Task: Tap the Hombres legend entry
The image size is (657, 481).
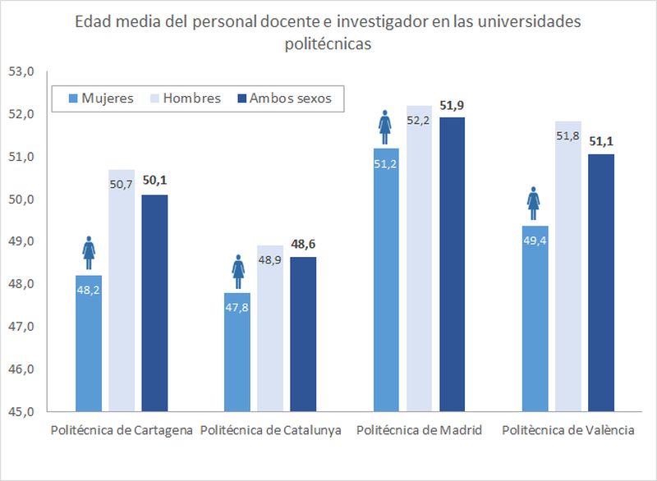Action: click(x=182, y=98)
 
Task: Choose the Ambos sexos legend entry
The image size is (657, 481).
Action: click(x=284, y=98)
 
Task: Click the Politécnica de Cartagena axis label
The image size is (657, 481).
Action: click(x=122, y=431)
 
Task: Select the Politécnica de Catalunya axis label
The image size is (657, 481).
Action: click(x=271, y=431)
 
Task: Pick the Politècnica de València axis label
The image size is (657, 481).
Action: click(x=567, y=431)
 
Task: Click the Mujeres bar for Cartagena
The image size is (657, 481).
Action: click(x=89, y=345)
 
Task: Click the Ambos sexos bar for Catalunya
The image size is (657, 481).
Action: click(x=303, y=337)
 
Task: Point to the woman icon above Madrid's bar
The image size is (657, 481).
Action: click(x=385, y=125)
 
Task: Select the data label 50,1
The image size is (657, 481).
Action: click(x=154, y=181)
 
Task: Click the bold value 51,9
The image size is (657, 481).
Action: click(x=453, y=104)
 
